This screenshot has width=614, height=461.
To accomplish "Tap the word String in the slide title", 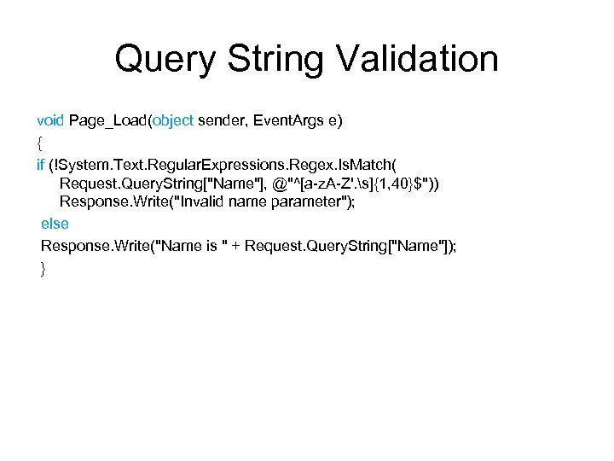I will (270, 61).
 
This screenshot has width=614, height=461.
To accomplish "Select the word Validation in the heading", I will (417, 61).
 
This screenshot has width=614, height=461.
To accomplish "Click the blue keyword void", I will (50, 120).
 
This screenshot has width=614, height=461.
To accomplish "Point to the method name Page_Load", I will (108, 120).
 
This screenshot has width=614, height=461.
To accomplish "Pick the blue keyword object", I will (173, 120).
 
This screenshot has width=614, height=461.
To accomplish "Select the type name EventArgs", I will (289, 120).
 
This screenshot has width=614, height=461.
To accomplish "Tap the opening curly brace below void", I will (39, 142).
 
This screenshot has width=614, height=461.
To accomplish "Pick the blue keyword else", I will (55, 225).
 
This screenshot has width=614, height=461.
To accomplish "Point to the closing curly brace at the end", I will (43, 267).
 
